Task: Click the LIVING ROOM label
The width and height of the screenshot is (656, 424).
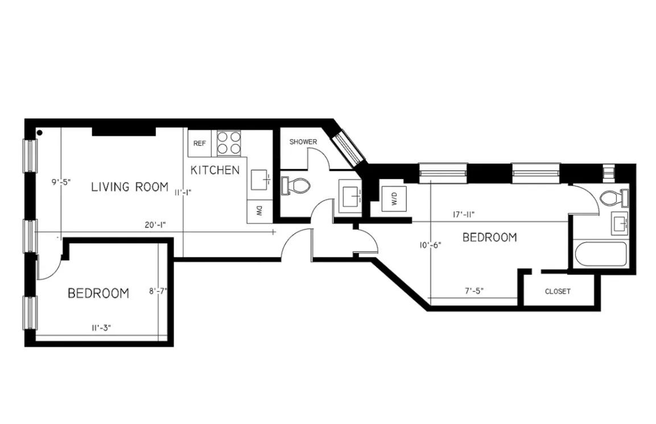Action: tap(130, 186)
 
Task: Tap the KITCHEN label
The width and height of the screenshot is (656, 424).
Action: tap(214, 170)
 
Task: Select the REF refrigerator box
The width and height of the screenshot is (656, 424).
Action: tap(199, 144)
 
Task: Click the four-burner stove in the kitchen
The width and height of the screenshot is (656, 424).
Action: tap(229, 143)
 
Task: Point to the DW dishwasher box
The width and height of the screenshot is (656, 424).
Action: tap(258, 212)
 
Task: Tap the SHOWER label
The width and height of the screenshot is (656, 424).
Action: tap(303, 142)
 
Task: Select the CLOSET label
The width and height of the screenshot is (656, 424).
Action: tap(557, 292)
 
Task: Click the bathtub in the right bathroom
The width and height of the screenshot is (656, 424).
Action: tap(600, 254)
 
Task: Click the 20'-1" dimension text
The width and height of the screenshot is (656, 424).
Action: tap(154, 225)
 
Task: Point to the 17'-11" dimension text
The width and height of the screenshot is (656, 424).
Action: tap(463, 214)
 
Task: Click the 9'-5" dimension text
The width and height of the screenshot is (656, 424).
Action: tap(61, 183)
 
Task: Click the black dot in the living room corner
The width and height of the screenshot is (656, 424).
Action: tap(39, 134)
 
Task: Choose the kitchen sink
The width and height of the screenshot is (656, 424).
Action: tap(261, 179)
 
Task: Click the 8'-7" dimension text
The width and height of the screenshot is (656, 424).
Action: tap(158, 292)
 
